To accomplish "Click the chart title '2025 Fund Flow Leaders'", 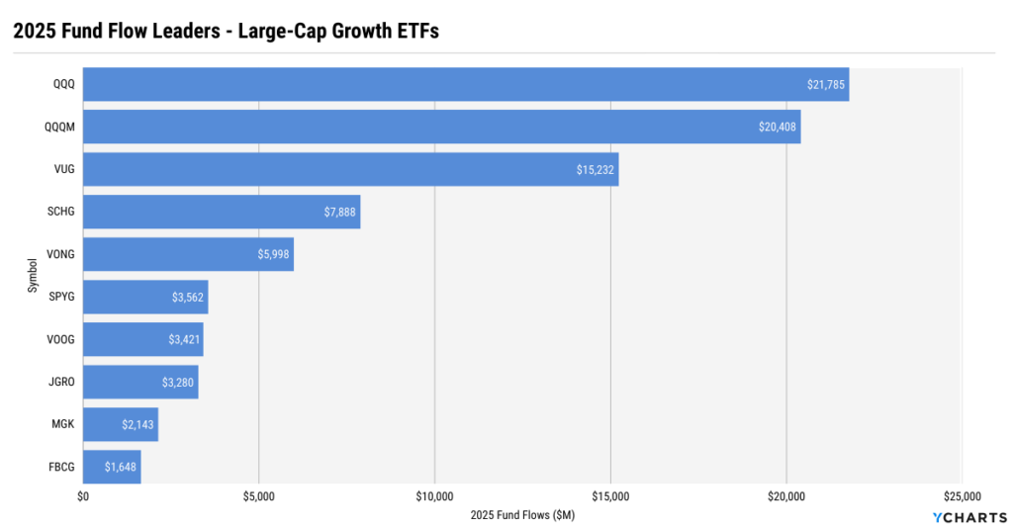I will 226,31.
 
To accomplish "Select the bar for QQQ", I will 465,84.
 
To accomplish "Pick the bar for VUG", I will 350,169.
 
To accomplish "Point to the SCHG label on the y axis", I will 61,212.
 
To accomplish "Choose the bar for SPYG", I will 145,297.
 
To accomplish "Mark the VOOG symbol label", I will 61,339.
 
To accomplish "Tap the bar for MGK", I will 120,424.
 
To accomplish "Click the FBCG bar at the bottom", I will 112,467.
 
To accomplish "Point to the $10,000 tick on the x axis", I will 434,496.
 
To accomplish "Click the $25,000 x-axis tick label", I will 962,496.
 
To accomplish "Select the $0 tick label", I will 83,496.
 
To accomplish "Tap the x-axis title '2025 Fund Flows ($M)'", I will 522,515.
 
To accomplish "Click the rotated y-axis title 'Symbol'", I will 33,276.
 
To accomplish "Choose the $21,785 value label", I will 826,84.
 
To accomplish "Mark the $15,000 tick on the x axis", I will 610,496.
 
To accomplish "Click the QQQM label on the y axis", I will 60,127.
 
